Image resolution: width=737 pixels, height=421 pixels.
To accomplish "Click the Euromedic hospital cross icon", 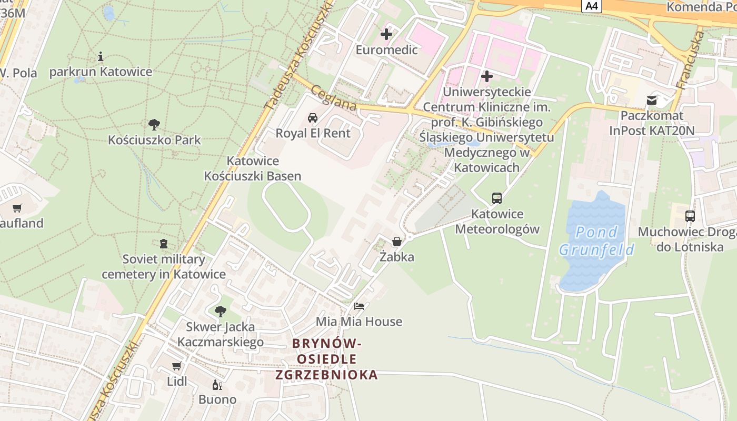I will point(386,34).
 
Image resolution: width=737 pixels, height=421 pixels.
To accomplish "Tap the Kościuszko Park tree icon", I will point(154,125).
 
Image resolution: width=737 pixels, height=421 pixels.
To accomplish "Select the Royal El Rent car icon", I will point(313,117).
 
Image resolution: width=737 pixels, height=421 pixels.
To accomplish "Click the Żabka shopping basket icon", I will point(397,242).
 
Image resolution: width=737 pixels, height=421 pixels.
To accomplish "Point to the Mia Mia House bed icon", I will point(359,306).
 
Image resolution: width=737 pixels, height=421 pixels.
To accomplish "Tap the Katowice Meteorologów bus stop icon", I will point(497,198).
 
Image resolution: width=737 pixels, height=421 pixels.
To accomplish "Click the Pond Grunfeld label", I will point(596,240).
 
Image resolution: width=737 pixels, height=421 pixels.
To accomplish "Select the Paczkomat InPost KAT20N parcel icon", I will point(652,100).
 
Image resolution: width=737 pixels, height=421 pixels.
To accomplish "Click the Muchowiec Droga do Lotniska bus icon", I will point(690,216).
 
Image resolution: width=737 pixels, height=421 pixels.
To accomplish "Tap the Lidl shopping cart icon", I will point(176,366).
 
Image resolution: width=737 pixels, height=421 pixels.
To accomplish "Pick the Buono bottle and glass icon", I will point(217,385).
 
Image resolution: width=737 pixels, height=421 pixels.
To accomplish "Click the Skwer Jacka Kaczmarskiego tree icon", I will point(220,311).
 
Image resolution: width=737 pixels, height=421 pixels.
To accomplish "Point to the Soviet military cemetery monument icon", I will point(164,244).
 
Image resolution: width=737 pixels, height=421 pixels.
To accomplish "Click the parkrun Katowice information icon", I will point(101,56).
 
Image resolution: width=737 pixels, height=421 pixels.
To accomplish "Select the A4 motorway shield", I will point(592,6).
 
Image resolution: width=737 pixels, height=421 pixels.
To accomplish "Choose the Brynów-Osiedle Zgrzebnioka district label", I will point(326,359).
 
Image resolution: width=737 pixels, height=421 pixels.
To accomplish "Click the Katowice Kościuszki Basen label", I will point(253,168).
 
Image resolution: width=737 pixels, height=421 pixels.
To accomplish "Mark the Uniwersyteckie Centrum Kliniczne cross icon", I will point(487,76).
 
